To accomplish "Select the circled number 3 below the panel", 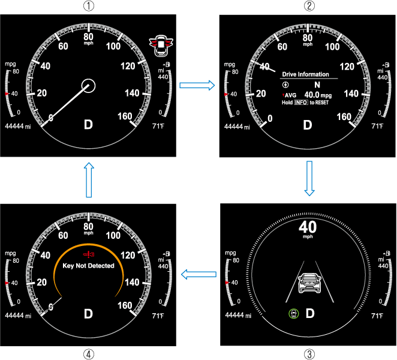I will (308, 353).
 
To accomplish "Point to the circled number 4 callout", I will (88, 353).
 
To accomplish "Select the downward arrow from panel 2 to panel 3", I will (309, 178).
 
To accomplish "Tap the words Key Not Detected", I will (89, 265).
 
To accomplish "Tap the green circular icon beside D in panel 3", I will (293, 314).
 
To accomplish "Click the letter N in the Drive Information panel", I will (317, 85).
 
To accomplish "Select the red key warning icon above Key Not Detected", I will (89, 254).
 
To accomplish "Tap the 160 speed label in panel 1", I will (125, 116).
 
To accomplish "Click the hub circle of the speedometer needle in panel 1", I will (89, 85).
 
